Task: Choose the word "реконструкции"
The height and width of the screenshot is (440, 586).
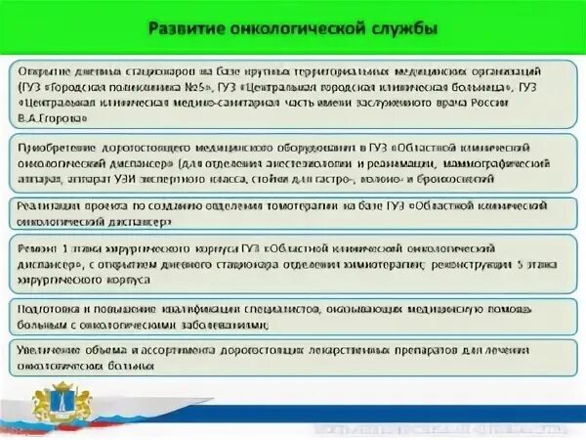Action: click(454, 264)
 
